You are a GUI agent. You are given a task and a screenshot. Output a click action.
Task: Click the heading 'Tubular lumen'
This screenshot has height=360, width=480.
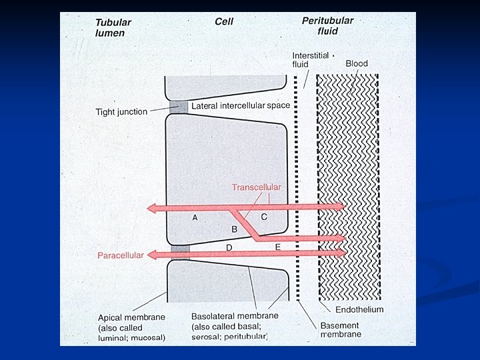[113, 27]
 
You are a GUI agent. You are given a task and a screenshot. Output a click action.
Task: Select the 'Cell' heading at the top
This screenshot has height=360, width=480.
[223, 22]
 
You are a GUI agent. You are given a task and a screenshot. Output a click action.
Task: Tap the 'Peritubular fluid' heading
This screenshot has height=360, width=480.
[327, 26]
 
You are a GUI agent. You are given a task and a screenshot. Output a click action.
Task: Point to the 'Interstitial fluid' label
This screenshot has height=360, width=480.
[309, 59]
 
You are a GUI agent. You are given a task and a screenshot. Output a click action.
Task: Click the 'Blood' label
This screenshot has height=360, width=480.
[357, 63]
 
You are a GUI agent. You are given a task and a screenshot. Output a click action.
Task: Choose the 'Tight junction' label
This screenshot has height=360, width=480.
[121, 112]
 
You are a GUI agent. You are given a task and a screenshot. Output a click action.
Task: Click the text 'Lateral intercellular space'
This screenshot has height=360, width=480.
[240, 106]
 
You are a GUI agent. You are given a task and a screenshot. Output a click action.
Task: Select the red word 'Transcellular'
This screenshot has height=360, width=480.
[256, 187]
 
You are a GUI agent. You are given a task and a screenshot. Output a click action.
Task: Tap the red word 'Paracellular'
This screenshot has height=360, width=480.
[121, 255]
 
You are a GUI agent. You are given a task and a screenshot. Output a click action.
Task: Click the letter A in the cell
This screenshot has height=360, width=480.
[195, 217]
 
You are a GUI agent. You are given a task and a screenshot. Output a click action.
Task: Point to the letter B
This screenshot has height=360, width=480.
[234, 229]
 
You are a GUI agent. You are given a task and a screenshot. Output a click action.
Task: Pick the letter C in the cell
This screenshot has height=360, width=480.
[264, 217]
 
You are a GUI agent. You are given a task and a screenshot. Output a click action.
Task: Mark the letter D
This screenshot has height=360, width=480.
[229, 247]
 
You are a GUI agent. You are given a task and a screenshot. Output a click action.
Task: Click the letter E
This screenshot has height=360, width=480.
[278, 247]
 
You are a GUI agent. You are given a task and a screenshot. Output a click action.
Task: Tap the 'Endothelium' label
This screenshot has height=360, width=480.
[359, 310]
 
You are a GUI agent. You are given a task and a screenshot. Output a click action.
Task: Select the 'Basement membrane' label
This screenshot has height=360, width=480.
[341, 330]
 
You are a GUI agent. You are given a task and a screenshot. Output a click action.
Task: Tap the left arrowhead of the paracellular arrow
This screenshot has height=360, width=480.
[152, 254]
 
